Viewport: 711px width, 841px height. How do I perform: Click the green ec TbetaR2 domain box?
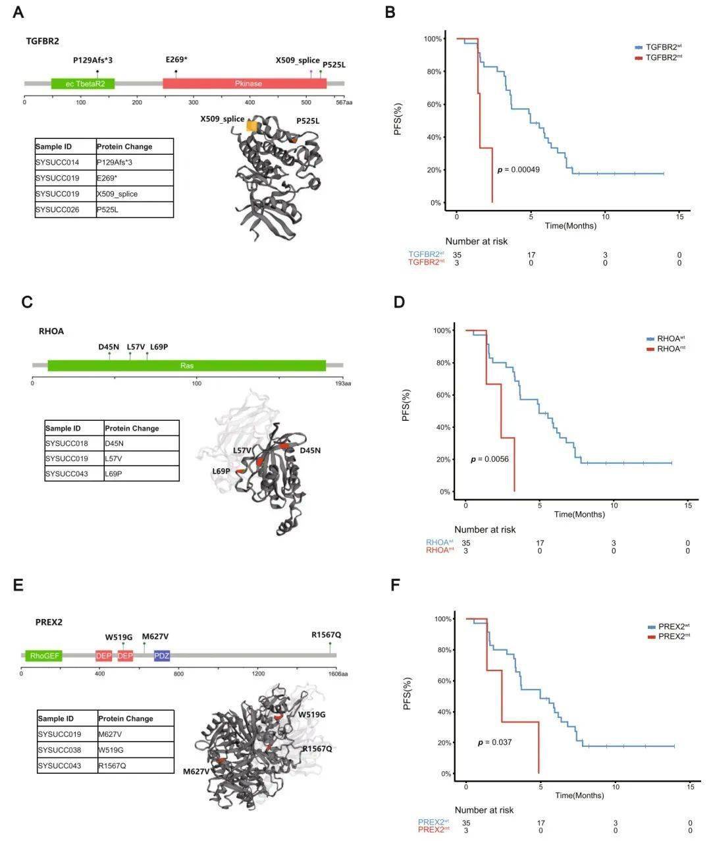(83, 84)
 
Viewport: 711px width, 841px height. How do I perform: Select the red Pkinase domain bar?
(244, 84)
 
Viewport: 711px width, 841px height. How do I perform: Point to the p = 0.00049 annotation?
(518, 170)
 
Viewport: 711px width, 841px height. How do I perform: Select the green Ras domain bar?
(187, 366)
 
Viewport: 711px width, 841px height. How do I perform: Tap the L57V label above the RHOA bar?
(136, 346)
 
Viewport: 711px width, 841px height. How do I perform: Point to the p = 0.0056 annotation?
(489, 459)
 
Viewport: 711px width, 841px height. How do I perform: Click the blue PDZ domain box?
(162, 655)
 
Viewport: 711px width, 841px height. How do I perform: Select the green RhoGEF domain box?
(44, 655)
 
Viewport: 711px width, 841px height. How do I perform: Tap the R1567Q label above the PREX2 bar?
(327, 635)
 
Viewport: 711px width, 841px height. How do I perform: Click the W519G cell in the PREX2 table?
(136, 749)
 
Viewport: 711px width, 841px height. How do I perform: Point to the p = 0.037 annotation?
(494, 742)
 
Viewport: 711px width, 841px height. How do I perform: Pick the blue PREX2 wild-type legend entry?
(669, 626)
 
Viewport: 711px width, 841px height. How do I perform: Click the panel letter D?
(399, 303)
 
